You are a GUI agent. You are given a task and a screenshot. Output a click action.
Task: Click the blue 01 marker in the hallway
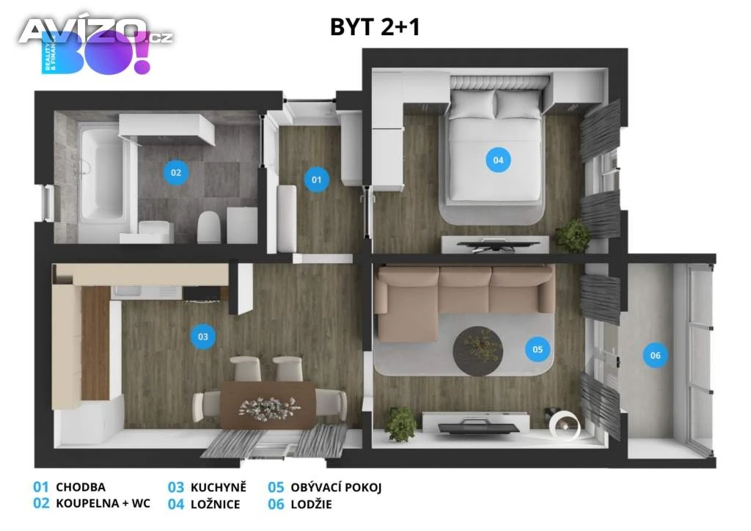click(x=317, y=180)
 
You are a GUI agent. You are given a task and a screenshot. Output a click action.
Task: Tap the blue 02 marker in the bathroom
click(x=176, y=172)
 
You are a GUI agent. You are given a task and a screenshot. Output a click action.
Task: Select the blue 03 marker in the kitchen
click(x=202, y=336)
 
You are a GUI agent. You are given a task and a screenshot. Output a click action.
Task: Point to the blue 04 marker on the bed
click(x=498, y=160)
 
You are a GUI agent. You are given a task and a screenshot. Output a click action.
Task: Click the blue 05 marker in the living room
click(x=538, y=349)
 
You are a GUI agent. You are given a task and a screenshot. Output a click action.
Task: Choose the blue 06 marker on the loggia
click(x=655, y=355)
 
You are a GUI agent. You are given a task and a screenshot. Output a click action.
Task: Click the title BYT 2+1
click(x=375, y=27)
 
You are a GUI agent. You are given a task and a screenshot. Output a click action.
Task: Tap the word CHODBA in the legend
click(x=81, y=488)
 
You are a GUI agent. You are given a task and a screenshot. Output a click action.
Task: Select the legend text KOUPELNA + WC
click(x=103, y=503)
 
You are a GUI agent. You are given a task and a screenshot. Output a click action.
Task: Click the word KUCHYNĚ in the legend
click(x=219, y=487)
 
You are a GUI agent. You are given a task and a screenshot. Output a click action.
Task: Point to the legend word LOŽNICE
click(x=215, y=504)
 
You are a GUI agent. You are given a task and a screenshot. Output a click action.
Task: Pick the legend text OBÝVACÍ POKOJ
click(x=336, y=488)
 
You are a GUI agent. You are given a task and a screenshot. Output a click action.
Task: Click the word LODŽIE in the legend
click(x=311, y=504)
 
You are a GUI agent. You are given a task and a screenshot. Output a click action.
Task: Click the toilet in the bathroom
click(x=209, y=227)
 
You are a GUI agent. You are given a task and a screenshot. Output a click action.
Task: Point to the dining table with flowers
click(x=268, y=405)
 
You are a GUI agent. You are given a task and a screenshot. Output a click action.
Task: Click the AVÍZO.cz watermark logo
click(x=96, y=32)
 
